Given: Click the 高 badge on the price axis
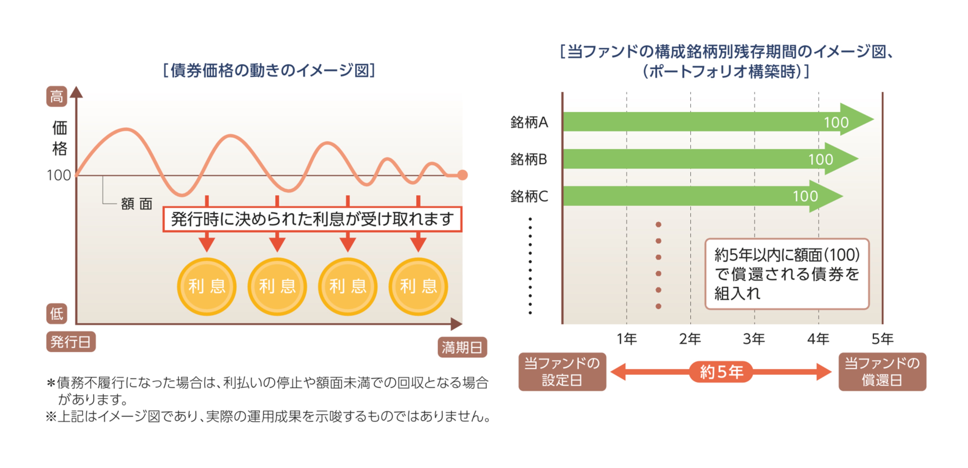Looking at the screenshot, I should tap(57, 96).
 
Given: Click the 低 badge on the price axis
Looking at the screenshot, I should tap(57, 313).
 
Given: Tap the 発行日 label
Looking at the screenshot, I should tap(71, 342).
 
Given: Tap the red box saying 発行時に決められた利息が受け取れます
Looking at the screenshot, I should tap(312, 219).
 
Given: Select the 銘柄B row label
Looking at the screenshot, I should tap(529, 159).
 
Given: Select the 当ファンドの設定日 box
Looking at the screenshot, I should tap(562, 372).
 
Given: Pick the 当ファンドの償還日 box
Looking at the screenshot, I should tap(882, 372).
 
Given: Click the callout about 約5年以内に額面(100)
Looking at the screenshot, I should tap(787, 274).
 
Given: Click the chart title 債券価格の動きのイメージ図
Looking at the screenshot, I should tap(269, 70).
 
